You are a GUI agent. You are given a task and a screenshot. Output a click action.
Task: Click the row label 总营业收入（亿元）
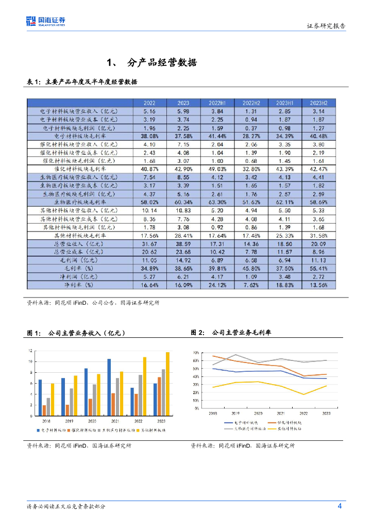click(x=79, y=243)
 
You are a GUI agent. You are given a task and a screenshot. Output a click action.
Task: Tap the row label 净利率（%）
click(x=79, y=285)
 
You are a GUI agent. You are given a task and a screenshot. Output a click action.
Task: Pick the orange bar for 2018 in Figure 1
click(x=44, y=410)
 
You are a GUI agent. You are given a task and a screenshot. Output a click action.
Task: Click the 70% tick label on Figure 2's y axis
click(x=196, y=353)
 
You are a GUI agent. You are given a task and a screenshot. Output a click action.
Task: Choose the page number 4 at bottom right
click(x=340, y=506)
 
